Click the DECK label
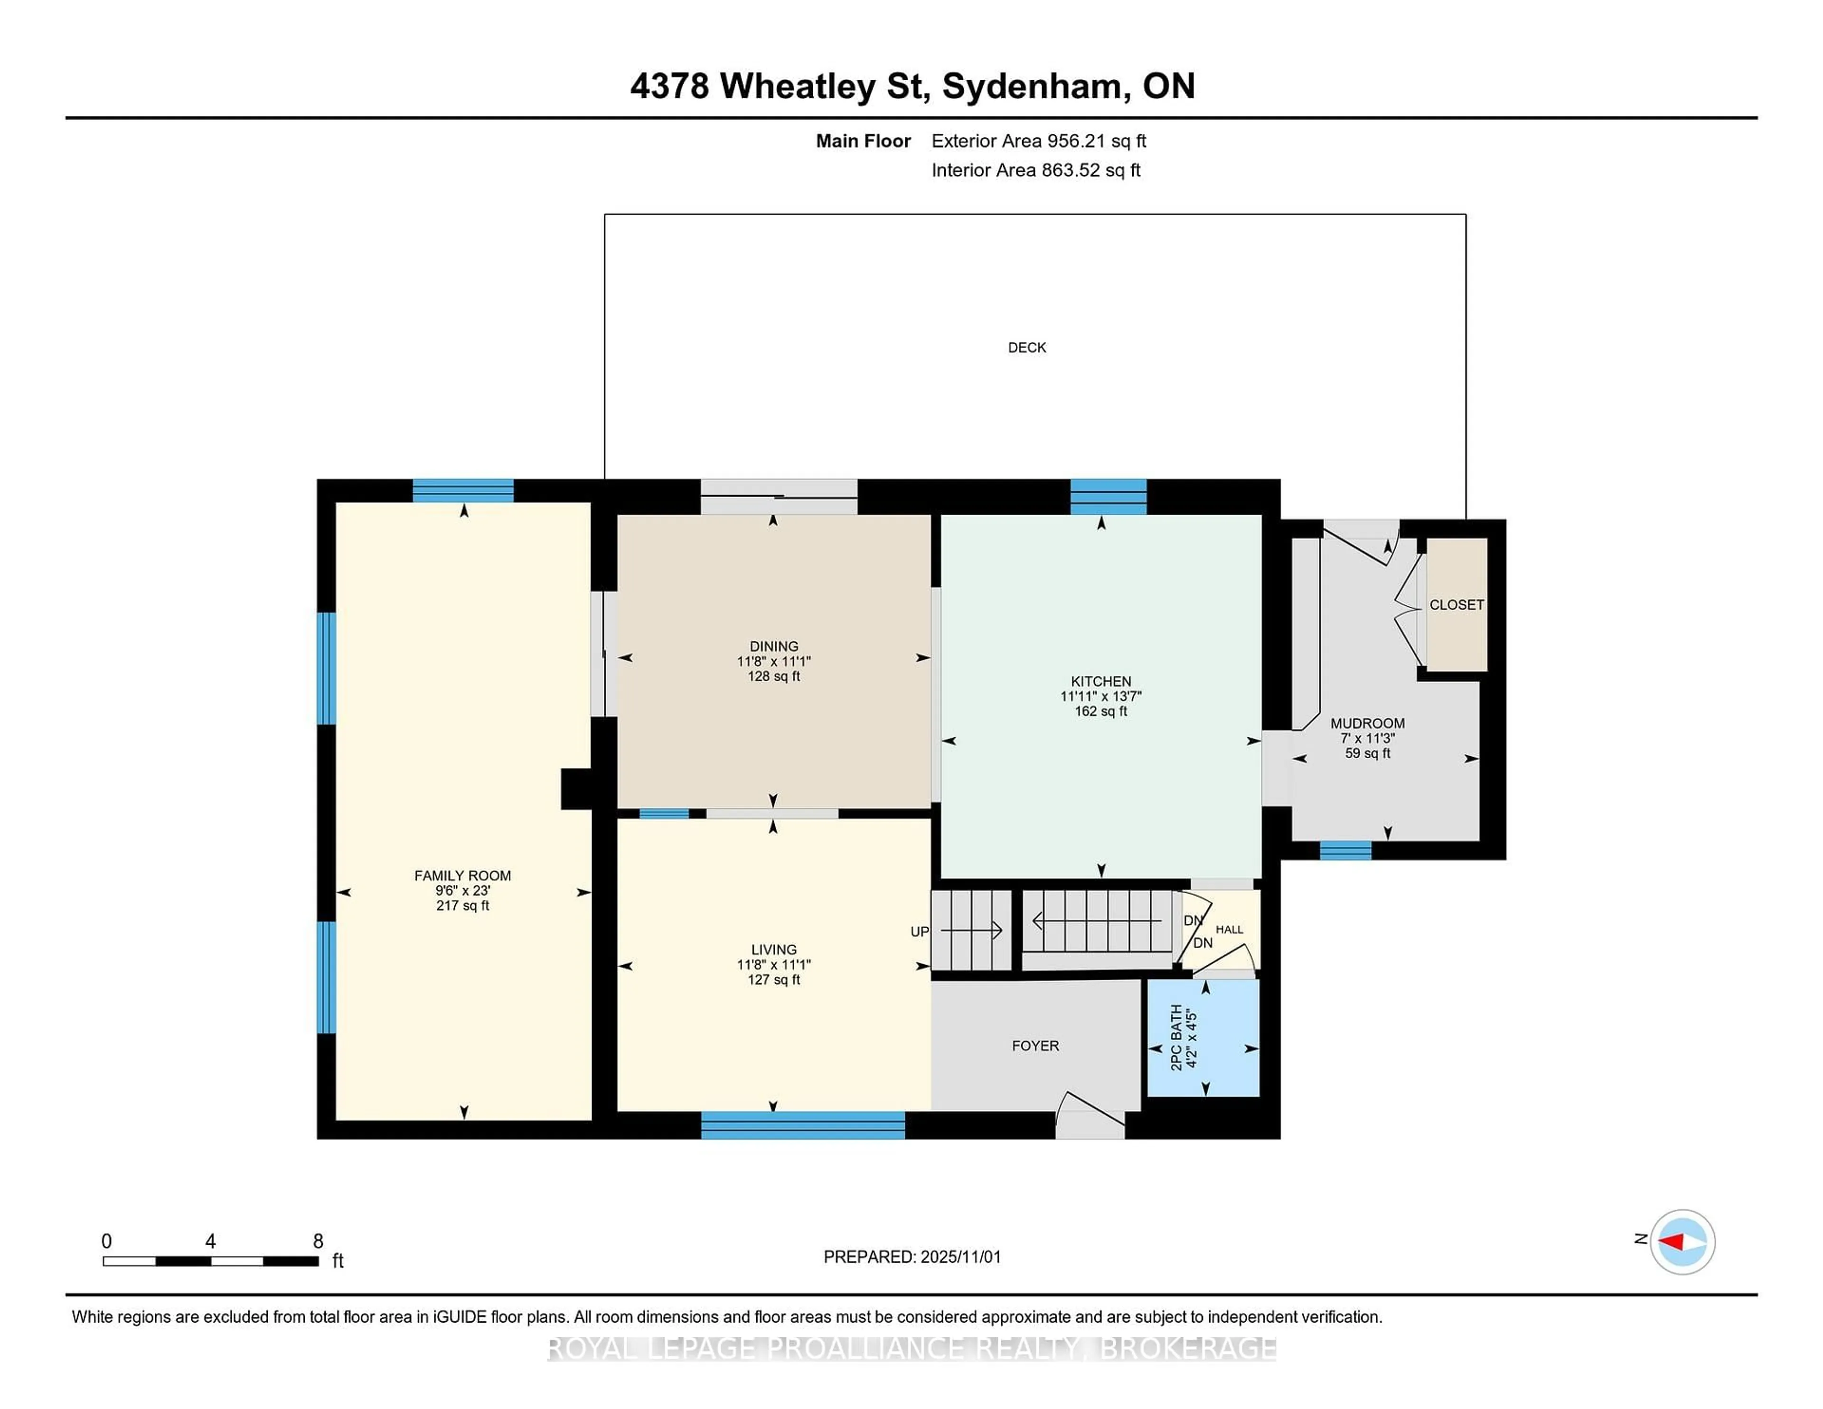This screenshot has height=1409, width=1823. [x=1027, y=347]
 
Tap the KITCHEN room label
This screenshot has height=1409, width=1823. [x=1101, y=681]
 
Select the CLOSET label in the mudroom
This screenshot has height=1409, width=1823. [x=1457, y=604]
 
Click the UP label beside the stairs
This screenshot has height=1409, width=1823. [x=919, y=931]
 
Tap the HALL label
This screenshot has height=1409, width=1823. [x=1229, y=929]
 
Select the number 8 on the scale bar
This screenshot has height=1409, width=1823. [x=318, y=1241]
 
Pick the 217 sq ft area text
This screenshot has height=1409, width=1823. [x=462, y=906]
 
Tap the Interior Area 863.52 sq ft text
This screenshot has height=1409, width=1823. [x=1036, y=170]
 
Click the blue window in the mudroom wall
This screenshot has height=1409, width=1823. [x=1345, y=851]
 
